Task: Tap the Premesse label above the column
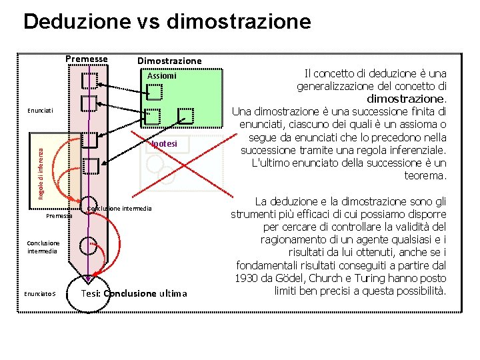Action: [87, 59]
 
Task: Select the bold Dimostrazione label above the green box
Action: [169, 61]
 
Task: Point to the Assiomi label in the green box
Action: [161, 75]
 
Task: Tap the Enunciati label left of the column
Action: [40, 109]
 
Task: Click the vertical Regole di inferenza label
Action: [40, 167]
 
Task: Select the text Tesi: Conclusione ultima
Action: [134, 293]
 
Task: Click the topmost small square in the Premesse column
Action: [89, 81]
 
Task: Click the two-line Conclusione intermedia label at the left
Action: [43, 247]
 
